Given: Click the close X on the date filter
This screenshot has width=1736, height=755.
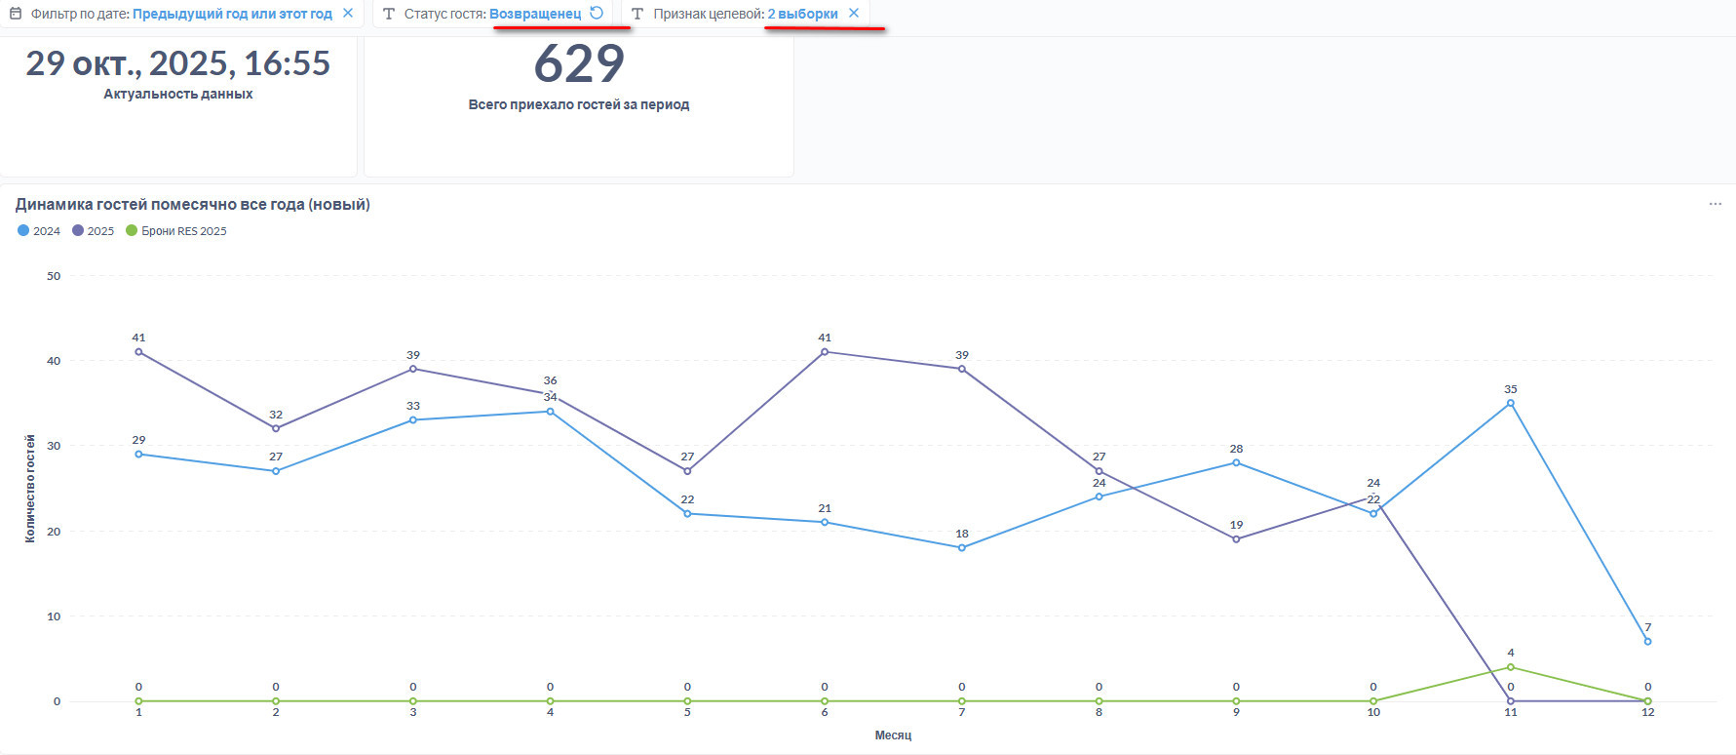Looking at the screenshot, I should click(x=348, y=14).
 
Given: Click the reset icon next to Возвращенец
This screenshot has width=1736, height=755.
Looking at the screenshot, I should click(x=597, y=13).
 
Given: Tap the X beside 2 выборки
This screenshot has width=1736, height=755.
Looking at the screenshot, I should click(x=854, y=14).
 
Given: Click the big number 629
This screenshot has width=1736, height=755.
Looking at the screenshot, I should click(x=579, y=64).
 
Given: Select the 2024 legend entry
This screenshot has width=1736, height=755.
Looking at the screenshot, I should click(x=39, y=231).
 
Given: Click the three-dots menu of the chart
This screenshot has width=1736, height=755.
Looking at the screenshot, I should click(x=1715, y=204).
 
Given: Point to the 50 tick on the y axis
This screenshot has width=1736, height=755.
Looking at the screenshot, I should click(x=54, y=276).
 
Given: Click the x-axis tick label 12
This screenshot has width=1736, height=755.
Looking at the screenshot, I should click(x=1647, y=712).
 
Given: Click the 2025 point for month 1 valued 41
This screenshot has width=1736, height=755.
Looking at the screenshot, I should click(x=138, y=352).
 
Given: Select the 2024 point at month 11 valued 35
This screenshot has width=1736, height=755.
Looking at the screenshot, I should click(x=1510, y=403).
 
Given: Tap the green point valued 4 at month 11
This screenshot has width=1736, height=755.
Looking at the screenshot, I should click(x=1510, y=667).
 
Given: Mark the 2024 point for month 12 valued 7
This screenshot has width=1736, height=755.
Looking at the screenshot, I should click(x=1647, y=641).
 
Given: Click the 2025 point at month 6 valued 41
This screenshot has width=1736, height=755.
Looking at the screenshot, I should click(x=825, y=352).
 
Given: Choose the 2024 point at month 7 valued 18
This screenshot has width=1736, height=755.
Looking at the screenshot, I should click(x=962, y=548).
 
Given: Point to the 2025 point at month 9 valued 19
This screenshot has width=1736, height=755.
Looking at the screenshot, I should click(x=1236, y=539).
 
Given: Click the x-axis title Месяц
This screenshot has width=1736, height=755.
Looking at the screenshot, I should click(x=893, y=735).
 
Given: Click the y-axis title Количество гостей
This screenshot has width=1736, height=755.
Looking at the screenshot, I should click(x=30, y=488).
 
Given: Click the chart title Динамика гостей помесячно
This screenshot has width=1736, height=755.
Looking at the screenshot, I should click(x=192, y=205).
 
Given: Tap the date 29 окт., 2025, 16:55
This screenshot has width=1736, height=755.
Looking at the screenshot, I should click(x=177, y=64).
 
